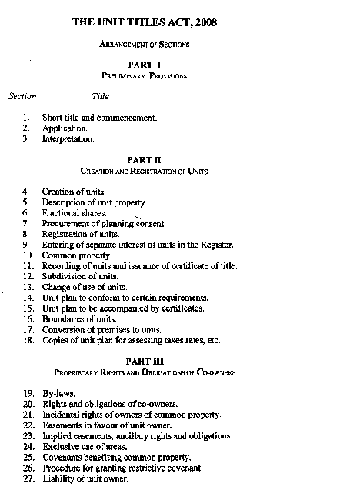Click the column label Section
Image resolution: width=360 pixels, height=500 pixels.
coord(22,96)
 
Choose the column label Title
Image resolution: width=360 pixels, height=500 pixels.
coord(101,96)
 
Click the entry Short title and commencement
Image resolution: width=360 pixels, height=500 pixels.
coord(99,118)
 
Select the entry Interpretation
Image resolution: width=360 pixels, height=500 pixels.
coord(68,139)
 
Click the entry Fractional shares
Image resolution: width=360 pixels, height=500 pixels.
coord(75,212)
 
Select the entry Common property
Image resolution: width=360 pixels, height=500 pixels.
coord(77,255)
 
